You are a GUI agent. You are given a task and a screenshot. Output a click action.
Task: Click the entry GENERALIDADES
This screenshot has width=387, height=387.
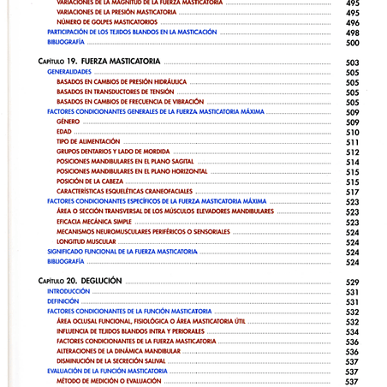click(x=69, y=73)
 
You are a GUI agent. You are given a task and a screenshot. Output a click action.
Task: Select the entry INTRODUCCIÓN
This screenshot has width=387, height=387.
click(x=68, y=292)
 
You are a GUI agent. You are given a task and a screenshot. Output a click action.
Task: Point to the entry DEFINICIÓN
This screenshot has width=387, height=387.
click(x=63, y=301)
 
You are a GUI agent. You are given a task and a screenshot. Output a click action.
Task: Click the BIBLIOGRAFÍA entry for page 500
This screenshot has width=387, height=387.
click(x=66, y=42)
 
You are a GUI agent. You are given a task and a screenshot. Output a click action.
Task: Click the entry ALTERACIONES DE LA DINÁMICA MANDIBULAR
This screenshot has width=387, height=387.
click(x=118, y=351)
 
